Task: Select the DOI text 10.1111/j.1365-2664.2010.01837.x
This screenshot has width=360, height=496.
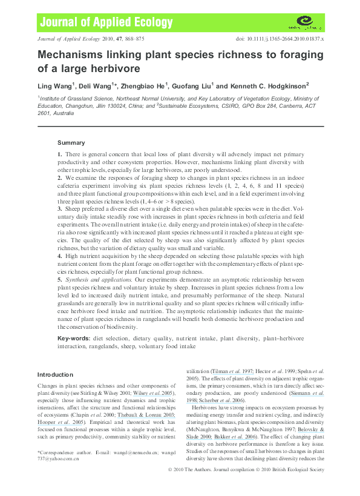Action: pos(284,38)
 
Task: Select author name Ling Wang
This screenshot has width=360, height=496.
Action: pos(54,86)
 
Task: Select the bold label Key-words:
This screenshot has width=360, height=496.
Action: pos(74,337)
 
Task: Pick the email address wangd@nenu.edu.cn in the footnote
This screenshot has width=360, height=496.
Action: pos(120,452)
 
